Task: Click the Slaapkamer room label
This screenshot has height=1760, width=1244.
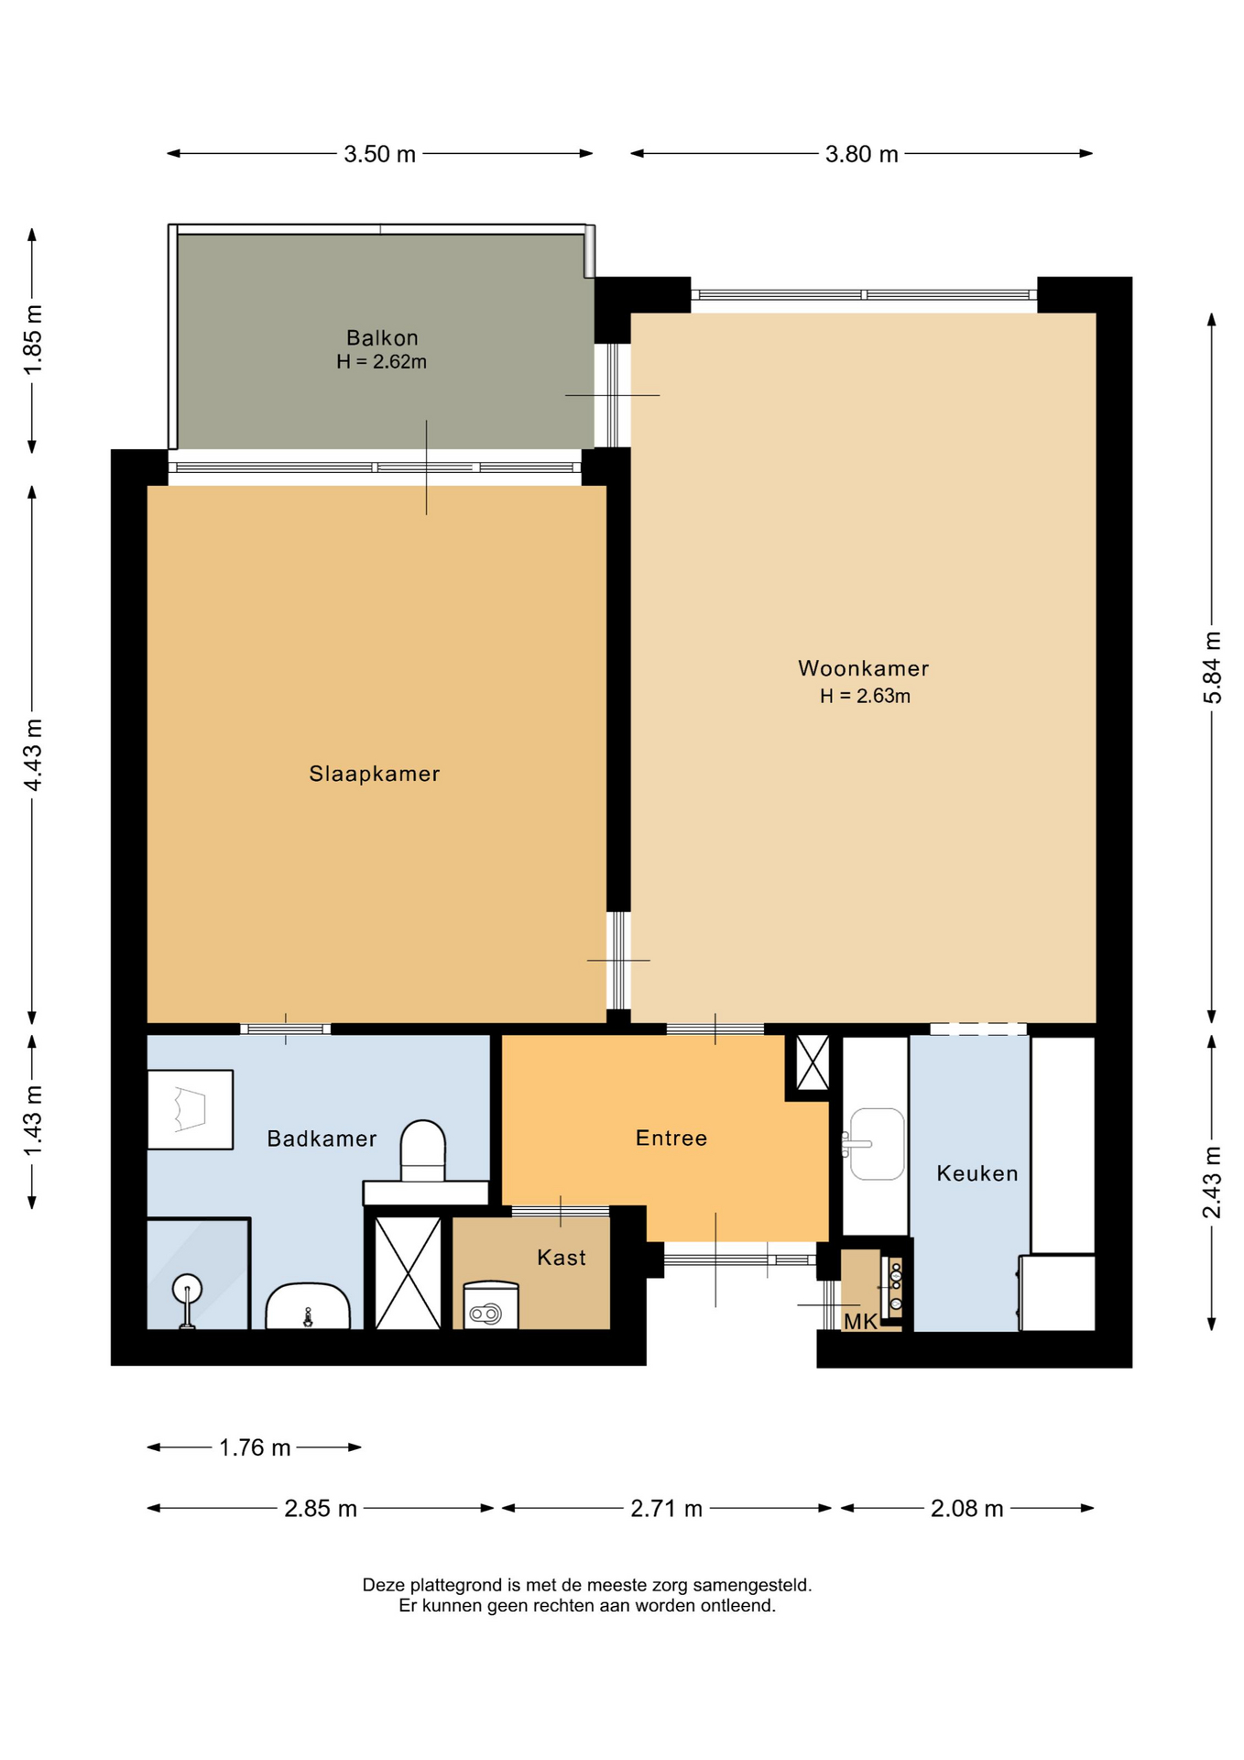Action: pos(374,774)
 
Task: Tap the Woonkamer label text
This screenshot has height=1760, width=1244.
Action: pos(863,668)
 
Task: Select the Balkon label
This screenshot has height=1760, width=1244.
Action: pos(382,337)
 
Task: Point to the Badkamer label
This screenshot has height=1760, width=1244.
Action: pos(322,1138)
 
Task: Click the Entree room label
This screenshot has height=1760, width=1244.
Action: pos(671,1138)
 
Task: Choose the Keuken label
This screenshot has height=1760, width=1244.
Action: pos(977,1173)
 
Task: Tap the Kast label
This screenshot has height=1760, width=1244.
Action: pos(562,1257)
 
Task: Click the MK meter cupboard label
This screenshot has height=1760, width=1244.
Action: pos(860,1321)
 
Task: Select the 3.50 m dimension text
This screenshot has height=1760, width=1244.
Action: pos(379,154)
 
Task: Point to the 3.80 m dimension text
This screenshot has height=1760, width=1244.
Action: pos(861,154)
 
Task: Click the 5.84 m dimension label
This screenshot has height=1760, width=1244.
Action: pos(1212,667)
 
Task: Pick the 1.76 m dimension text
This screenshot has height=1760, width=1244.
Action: pos(255,1447)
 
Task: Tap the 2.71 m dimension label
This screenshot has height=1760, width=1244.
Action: pos(666,1509)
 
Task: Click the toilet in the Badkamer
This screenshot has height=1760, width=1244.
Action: pos(423,1151)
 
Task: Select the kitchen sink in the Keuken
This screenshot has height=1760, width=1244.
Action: pos(877,1144)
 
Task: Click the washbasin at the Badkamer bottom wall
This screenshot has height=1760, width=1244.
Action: pos(308,1306)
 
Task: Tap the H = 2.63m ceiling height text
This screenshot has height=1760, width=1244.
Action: pos(865,696)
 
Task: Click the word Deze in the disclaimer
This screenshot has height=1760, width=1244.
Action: pos(384,1585)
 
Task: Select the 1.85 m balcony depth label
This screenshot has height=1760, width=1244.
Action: pos(33,339)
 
